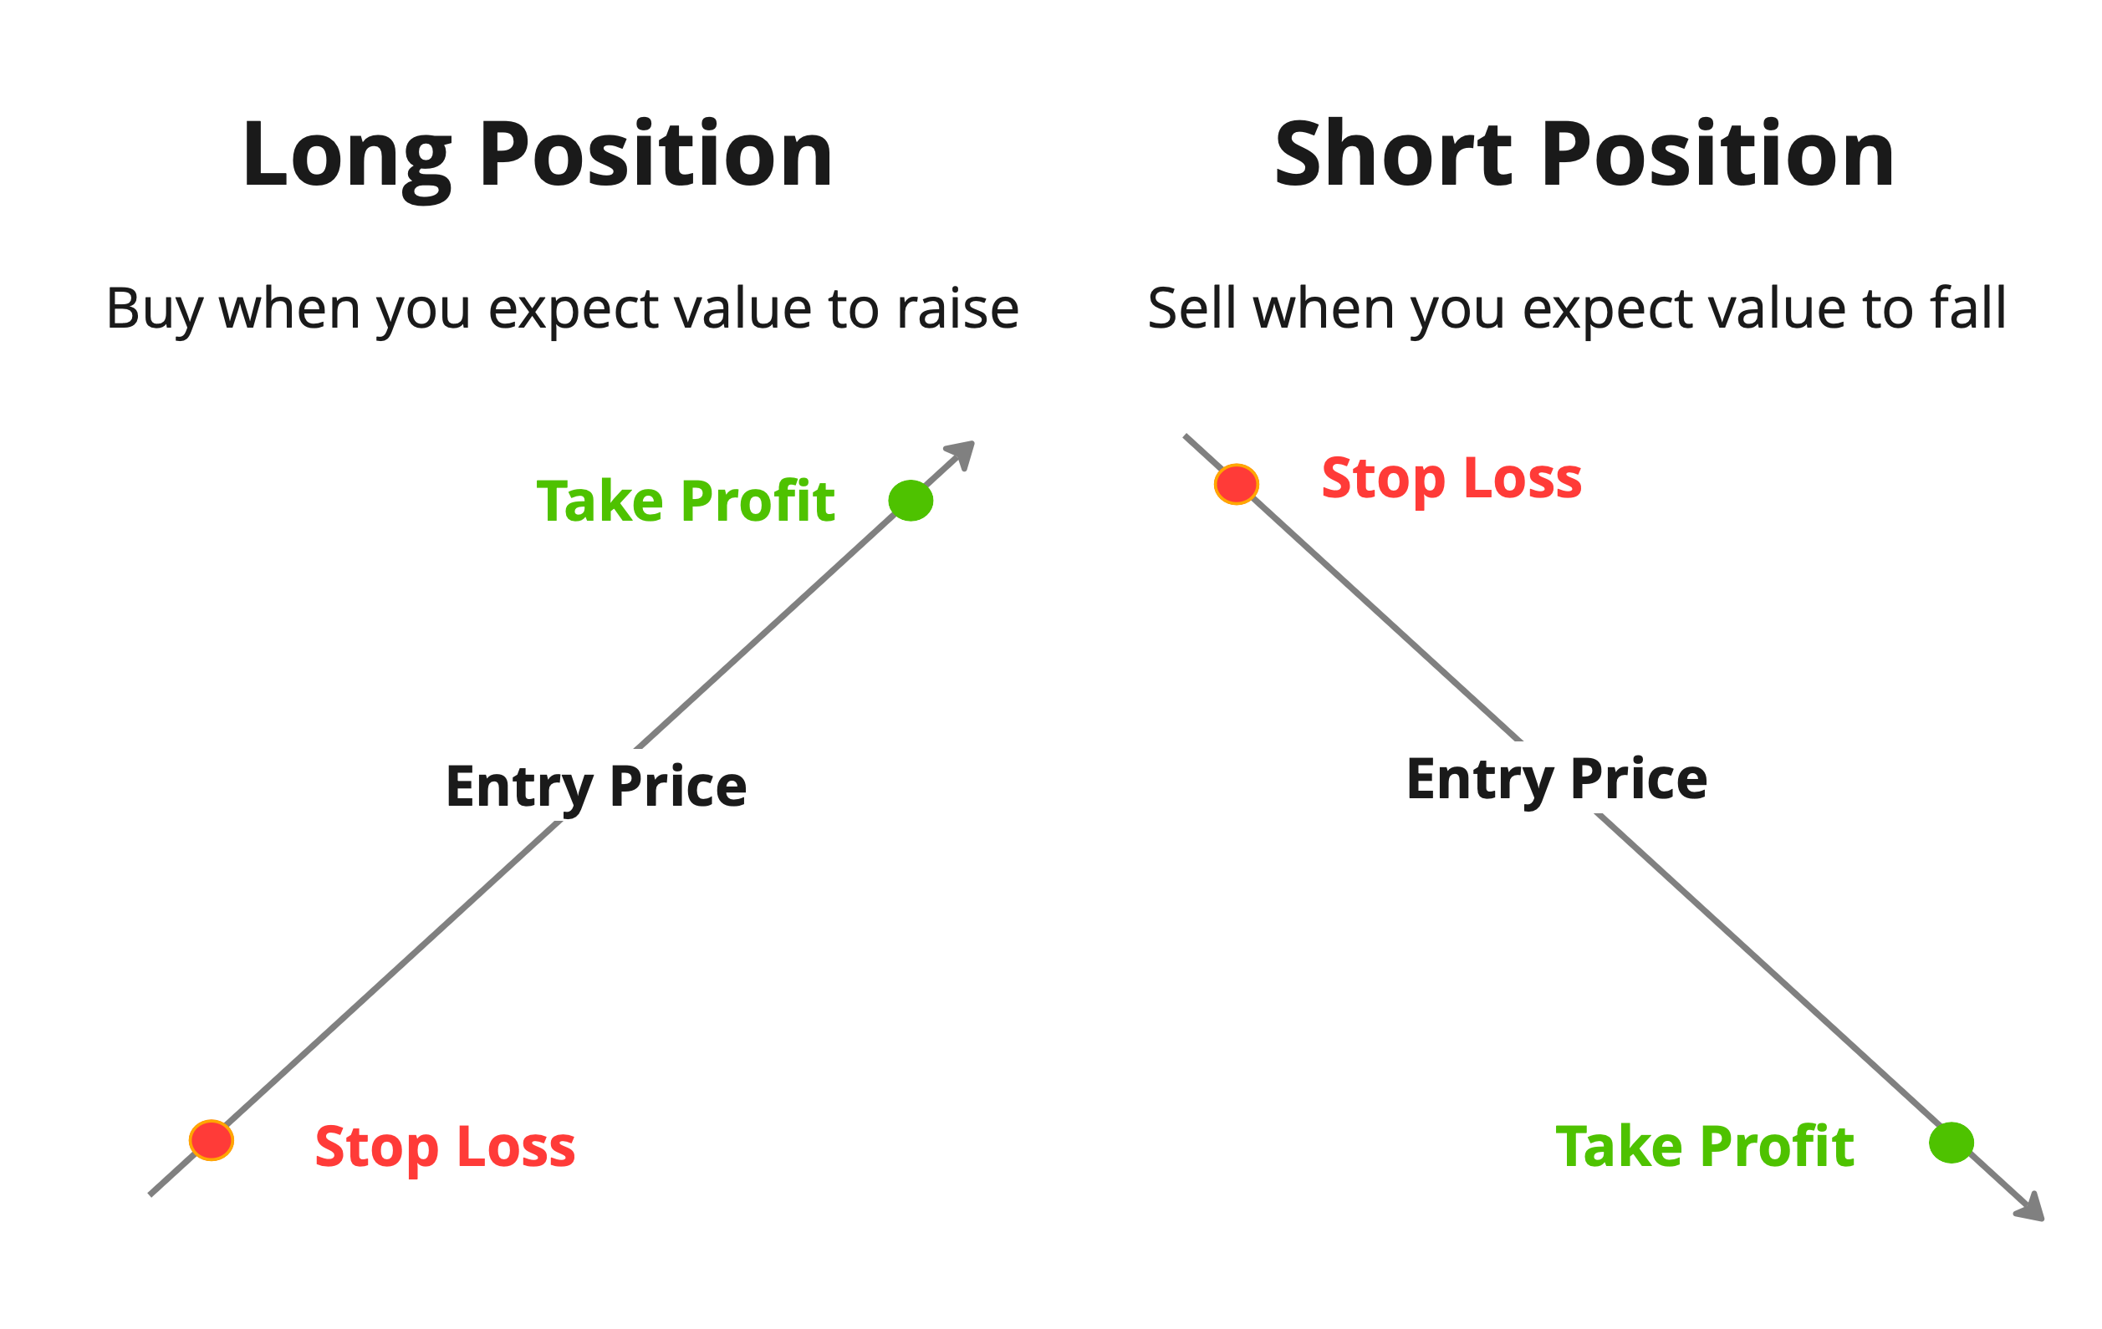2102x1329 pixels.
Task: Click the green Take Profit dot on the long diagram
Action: pyautogui.click(x=911, y=501)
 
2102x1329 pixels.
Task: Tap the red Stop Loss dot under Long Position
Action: pyautogui.click(x=212, y=1139)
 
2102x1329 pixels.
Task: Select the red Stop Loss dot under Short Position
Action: pyautogui.click(x=1236, y=484)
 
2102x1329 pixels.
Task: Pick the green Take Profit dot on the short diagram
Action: pyautogui.click(x=1951, y=1143)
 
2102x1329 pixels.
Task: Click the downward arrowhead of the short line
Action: pyautogui.click(x=2031, y=1209)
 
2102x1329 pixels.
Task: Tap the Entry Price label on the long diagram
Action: pyautogui.click(x=596, y=787)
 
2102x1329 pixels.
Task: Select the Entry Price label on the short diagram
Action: pyautogui.click(x=1556, y=779)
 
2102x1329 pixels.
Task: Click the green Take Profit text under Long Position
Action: pyautogui.click(x=686, y=502)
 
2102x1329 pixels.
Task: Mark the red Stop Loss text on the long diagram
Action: pyautogui.click(x=445, y=1147)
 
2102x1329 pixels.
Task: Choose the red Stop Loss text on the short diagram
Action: pyautogui.click(x=1451, y=479)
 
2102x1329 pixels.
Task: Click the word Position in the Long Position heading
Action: pyautogui.click(x=656, y=155)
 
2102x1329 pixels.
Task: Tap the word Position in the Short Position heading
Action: pyautogui.click(x=1717, y=155)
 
